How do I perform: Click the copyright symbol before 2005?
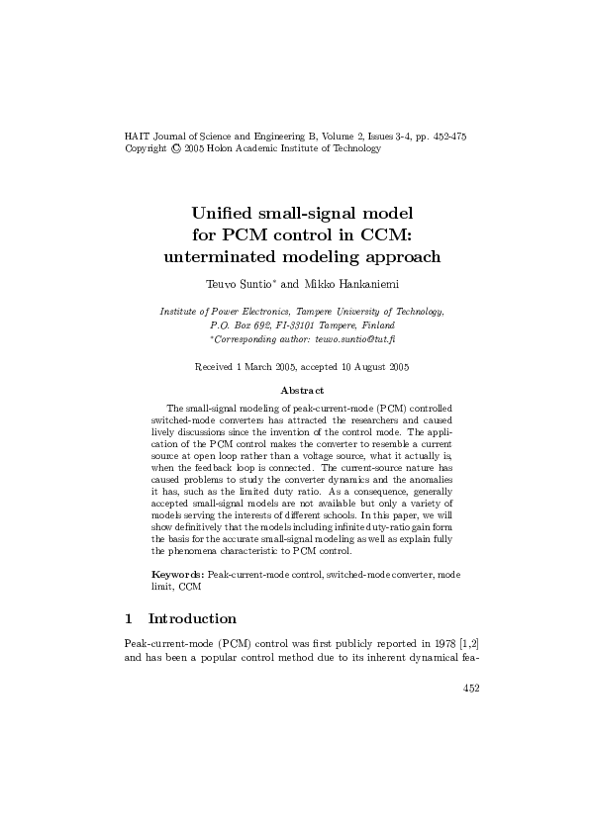(x=175, y=148)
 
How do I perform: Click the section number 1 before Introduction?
(x=129, y=619)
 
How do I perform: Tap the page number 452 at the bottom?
(x=472, y=689)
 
